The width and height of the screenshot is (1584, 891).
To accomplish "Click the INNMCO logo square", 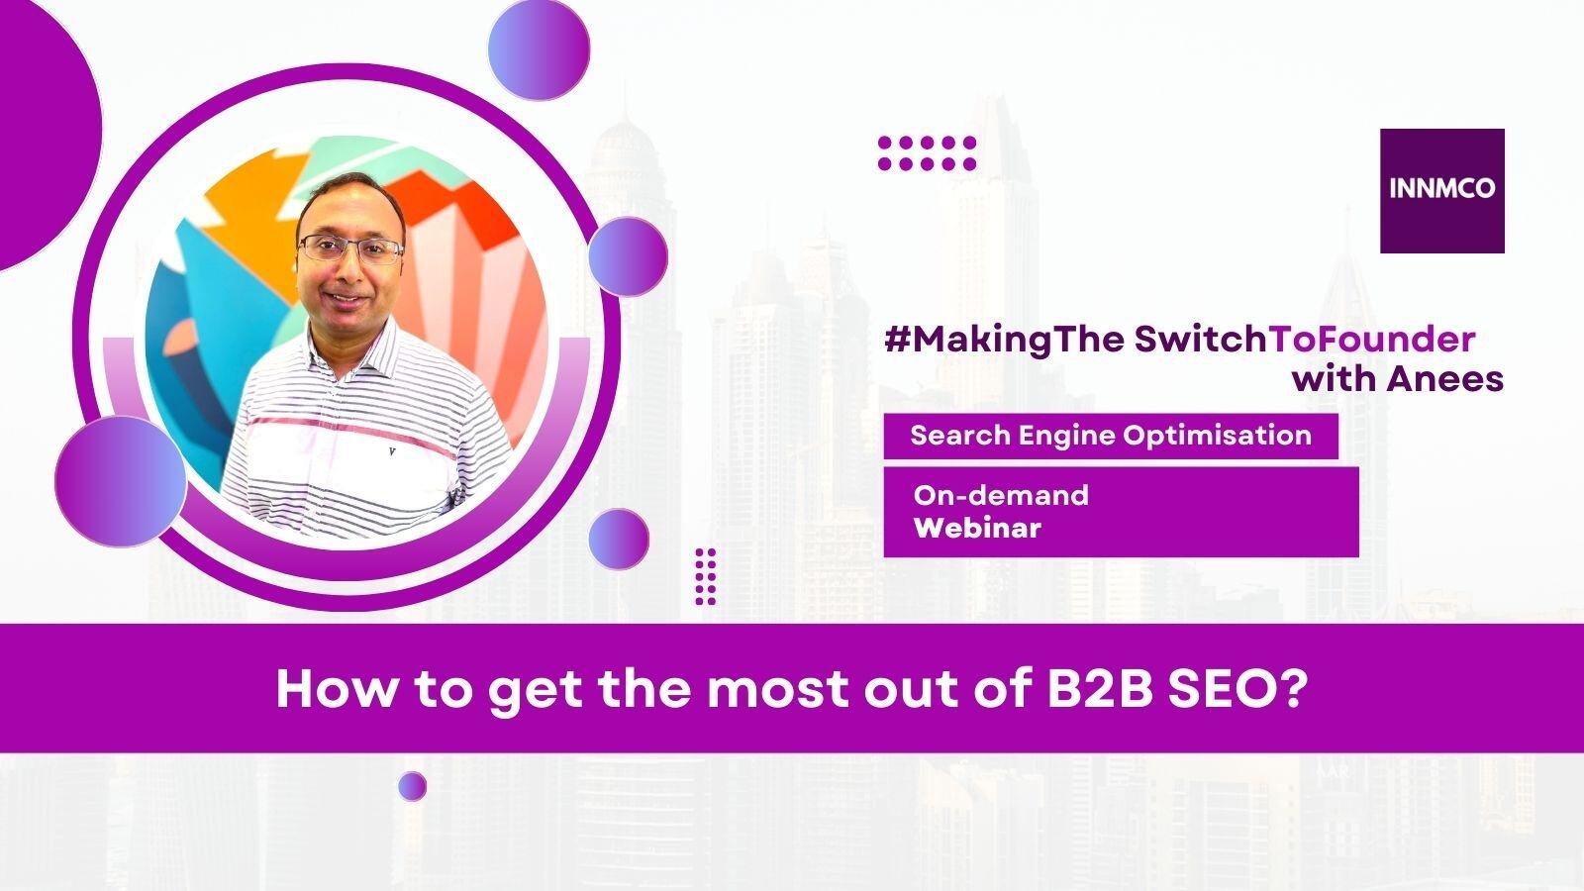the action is [x=1441, y=191].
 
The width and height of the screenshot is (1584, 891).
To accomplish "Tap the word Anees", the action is [x=1444, y=379].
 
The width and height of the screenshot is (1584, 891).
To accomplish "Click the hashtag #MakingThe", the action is [x=1004, y=342].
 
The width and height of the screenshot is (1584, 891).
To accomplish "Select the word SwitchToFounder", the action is [x=1305, y=340].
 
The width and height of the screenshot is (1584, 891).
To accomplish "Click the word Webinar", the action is [x=977, y=529].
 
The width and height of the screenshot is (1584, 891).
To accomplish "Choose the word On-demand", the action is [x=1001, y=495].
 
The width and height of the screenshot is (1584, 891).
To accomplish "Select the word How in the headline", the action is [x=337, y=689].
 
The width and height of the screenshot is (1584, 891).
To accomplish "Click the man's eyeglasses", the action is [x=350, y=248].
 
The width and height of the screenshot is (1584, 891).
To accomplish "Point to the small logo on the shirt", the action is [x=392, y=451].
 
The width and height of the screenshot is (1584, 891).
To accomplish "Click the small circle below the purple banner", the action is [x=412, y=786].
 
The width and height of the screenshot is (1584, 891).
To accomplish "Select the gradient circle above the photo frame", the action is [x=539, y=49].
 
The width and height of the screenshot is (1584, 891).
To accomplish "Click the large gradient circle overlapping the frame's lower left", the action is [x=121, y=481].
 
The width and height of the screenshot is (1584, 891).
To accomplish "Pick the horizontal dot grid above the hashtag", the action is [x=927, y=153].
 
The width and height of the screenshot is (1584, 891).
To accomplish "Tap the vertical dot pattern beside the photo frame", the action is [x=705, y=576].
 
